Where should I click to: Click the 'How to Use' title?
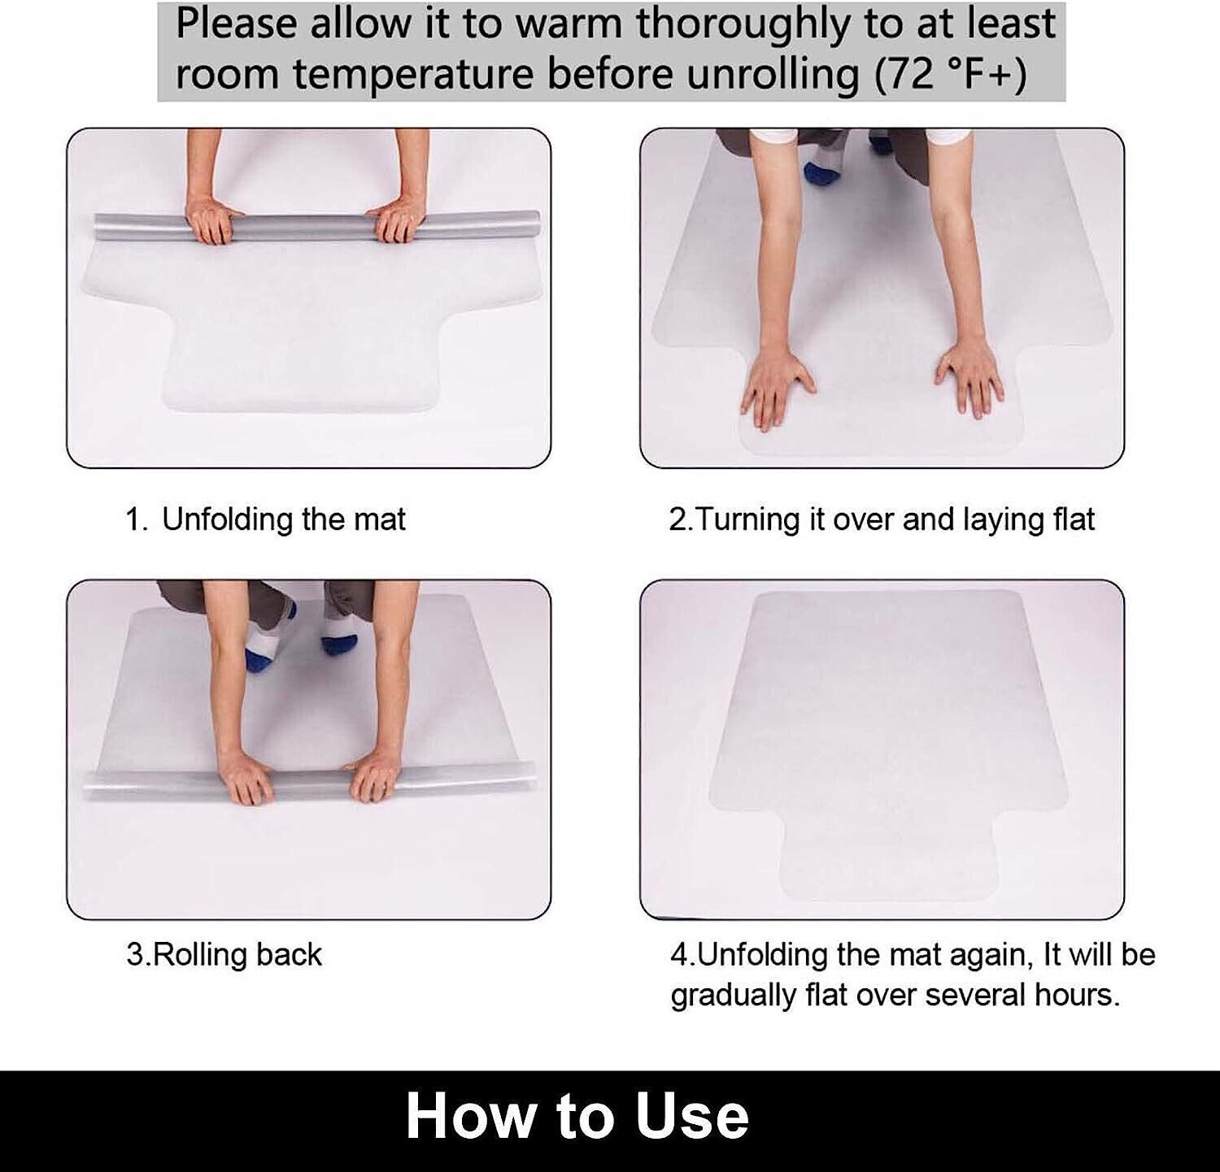pos(577,1117)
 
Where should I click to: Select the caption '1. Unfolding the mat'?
pos(265,519)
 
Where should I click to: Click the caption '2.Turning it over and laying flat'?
pos(882,519)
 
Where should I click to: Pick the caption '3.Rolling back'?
pos(224,954)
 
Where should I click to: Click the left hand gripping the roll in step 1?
pos(213,222)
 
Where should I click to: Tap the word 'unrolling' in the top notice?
pos(773,75)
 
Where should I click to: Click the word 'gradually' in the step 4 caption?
pos(721,995)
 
